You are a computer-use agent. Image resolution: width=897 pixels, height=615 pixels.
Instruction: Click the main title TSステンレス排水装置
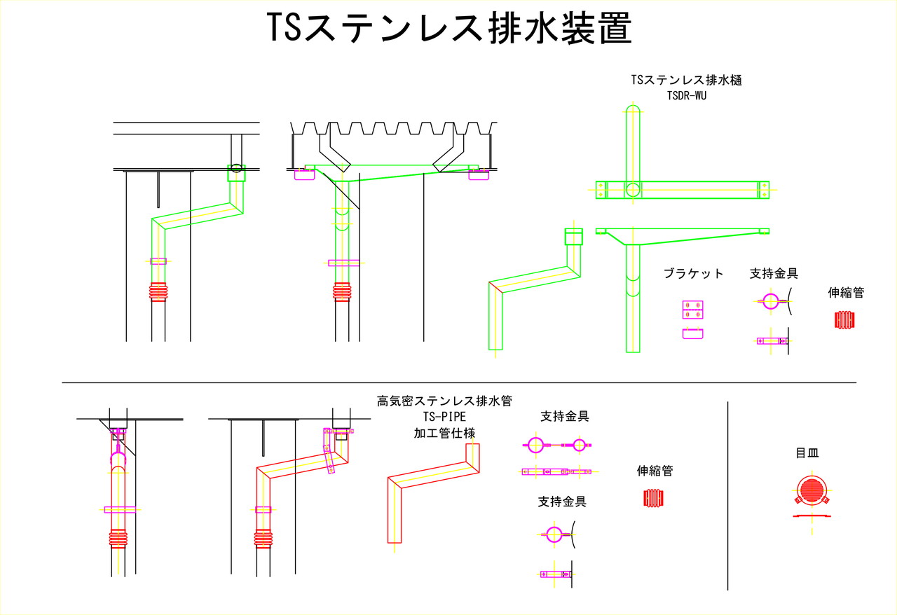[x=449, y=29]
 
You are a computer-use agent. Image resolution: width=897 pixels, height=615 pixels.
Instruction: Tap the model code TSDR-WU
[x=687, y=96]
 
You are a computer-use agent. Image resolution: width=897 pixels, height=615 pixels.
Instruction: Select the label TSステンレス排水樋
[x=687, y=80]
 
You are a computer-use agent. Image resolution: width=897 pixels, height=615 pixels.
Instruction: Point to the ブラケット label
[x=693, y=273]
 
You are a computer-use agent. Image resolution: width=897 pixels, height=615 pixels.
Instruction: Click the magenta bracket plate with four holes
[x=693, y=310]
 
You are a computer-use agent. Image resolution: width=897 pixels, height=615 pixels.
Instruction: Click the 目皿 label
[x=807, y=453]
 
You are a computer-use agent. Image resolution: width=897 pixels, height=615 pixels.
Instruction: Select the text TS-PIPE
[x=444, y=417]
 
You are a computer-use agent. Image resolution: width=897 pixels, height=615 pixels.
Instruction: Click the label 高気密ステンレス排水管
[x=444, y=401]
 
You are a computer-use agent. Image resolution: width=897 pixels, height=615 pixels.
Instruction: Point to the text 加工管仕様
[x=444, y=433]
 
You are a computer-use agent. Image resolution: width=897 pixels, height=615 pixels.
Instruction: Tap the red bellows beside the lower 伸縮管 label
[x=653, y=498]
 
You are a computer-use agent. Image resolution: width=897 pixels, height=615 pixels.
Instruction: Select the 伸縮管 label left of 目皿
[x=655, y=471]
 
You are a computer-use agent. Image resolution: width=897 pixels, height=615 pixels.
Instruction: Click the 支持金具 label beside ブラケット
[x=774, y=273]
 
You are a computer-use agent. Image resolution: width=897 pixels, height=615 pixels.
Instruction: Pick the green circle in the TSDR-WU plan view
[x=633, y=189]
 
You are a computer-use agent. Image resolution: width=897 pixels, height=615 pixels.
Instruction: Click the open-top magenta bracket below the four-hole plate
[x=693, y=333]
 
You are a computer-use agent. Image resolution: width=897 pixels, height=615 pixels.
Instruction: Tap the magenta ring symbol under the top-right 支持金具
[x=770, y=303]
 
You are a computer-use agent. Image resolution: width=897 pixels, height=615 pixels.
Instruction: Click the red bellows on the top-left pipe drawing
[x=159, y=291]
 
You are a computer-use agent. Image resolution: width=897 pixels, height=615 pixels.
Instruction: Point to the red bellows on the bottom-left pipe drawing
[x=118, y=538]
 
